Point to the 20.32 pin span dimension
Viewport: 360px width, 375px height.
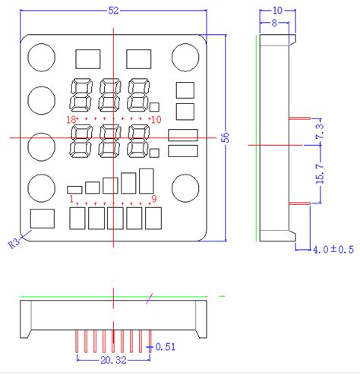(112, 364)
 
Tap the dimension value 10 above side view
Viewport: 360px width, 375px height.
(276, 11)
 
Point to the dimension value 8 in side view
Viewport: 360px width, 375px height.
(274, 24)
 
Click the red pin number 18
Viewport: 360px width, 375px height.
(71, 120)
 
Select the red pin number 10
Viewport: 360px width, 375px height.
(156, 120)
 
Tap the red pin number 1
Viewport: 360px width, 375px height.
(72, 199)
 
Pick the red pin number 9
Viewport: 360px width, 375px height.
(154, 199)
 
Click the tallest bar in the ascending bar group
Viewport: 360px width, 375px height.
(147, 180)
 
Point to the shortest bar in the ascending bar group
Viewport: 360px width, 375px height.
(74, 189)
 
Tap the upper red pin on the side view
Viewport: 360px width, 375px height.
(299, 118)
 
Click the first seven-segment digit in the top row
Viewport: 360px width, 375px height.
(81, 95)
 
